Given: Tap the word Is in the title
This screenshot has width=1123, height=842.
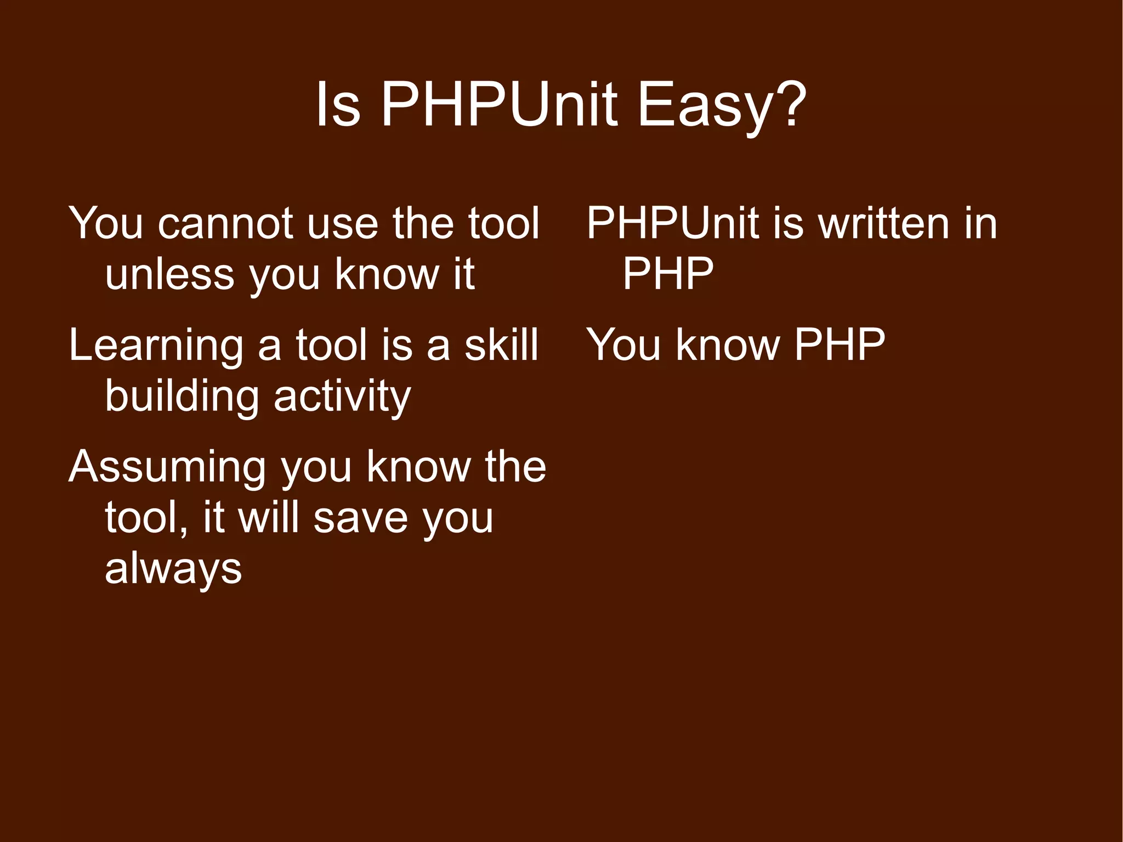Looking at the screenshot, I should [x=338, y=104].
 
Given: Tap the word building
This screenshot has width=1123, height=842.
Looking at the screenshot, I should [x=182, y=396].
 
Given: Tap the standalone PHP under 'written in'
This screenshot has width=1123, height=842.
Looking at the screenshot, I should [x=668, y=274].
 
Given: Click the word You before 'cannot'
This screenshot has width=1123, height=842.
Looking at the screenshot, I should [x=106, y=224].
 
